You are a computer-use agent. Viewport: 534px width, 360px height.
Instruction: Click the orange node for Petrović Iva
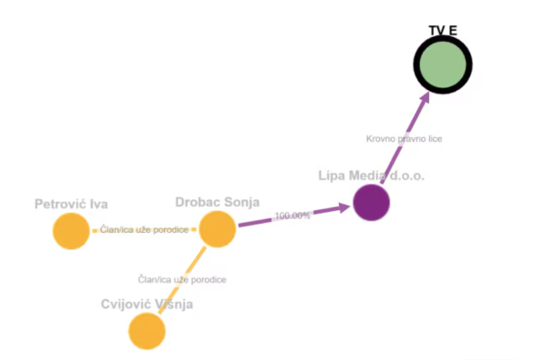click(71, 231)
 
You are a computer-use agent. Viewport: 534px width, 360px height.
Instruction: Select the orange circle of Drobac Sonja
click(217, 229)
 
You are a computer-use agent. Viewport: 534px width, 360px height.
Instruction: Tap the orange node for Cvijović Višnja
click(147, 331)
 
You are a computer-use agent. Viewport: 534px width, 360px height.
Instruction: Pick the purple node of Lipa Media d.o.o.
click(371, 203)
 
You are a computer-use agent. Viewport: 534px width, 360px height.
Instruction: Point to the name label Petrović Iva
click(71, 204)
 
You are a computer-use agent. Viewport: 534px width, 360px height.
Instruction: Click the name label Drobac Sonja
click(217, 202)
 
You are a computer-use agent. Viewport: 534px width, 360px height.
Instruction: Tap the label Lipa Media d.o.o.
click(372, 176)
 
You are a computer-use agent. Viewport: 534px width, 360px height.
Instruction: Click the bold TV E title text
click(442, 31)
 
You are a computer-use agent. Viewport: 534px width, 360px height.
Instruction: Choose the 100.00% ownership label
click(293, 215)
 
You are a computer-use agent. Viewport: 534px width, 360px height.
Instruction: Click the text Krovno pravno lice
click(404, 139)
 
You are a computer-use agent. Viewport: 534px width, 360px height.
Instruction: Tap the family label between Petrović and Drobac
click(145, 230)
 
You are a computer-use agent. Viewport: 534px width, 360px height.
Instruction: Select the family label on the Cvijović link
click(182, 278)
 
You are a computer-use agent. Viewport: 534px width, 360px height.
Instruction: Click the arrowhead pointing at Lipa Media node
click(342, 207)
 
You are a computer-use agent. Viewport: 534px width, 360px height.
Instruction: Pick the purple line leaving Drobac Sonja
click(256, 222)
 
